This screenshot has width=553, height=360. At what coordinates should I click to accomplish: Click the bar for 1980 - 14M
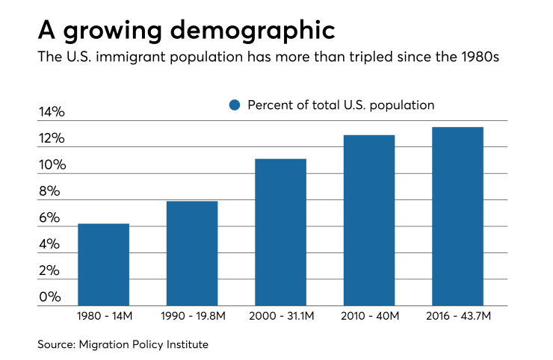pos(103,264)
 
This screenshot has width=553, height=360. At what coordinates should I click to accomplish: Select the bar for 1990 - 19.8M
pos(192,253)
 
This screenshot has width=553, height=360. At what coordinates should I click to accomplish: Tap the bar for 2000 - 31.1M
pos(280,232)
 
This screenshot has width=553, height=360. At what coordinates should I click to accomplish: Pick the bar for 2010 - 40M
pos(368,220)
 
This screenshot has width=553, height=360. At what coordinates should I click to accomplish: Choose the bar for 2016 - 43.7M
pos(457,217)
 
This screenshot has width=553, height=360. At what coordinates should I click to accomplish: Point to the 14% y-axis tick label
pos(52,113)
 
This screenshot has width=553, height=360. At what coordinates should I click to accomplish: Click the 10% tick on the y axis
pos(52,165)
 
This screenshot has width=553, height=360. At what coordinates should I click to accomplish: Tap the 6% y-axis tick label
pos(49,218)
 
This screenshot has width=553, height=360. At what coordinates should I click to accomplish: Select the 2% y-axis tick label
pos(49,270)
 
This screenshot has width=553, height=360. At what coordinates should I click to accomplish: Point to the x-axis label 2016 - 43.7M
pos(457,317)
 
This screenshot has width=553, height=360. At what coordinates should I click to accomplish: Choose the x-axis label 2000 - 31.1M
pos(280,317)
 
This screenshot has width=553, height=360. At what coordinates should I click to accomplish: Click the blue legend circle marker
pos(235,105)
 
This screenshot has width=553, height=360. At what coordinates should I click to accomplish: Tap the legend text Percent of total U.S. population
pos(341,105)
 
